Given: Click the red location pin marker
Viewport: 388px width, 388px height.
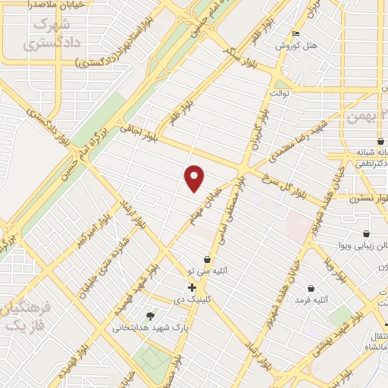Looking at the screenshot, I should pyautogui.click(x=195, y=177).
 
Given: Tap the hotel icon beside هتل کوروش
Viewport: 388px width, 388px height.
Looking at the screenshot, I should pyautogui.click(x=296, y=34).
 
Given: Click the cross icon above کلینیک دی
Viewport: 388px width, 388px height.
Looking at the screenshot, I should pyautogui.click(x=192, y=287).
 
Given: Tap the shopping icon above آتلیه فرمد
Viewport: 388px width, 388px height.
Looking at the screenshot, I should pyautogui.click(x=312, y=288).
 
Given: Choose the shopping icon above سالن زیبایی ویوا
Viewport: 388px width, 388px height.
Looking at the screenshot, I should pyautogui.click(x=367, y=233).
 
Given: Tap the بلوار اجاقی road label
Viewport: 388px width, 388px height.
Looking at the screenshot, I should pyautogui.click(x=140, y=134).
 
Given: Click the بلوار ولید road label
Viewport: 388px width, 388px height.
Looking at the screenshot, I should pyautogui.click(x=334, y=272).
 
